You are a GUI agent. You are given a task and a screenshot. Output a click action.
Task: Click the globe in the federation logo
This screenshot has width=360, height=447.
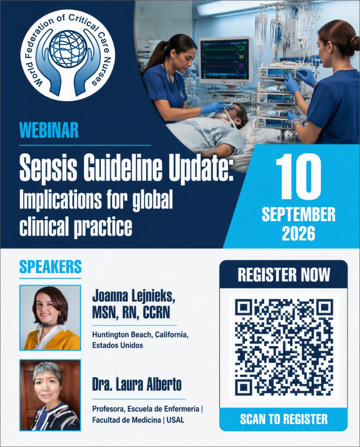[68, 48]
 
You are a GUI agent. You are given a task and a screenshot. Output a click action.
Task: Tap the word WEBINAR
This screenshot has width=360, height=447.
[49, 130]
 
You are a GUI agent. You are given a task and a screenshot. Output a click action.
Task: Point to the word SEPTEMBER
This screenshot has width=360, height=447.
[298, 215]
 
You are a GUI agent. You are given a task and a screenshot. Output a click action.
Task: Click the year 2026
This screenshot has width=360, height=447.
[298, 234]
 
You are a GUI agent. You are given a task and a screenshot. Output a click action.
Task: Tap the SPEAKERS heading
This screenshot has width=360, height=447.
[51, 267]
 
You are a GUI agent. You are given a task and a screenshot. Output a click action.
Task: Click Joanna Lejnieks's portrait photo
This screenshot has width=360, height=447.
[50, 318]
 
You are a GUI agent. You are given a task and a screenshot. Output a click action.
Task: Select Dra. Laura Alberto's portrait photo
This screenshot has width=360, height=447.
[50, 395]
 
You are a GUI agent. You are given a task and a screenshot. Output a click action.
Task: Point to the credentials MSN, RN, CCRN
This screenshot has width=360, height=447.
[131, 313]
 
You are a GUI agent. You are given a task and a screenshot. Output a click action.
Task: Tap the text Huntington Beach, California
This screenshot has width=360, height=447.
[140, 335]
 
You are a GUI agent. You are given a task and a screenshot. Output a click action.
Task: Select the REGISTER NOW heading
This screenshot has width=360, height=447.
[284, 275]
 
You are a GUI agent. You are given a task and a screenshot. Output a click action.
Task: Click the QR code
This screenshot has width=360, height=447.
[284, 347]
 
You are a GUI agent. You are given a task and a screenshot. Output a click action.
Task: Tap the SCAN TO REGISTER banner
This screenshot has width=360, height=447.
[284, 419]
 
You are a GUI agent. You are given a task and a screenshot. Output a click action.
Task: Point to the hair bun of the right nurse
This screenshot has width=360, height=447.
[354, 44]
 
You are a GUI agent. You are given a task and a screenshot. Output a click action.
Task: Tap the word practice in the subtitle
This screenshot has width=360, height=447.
[103, 227]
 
